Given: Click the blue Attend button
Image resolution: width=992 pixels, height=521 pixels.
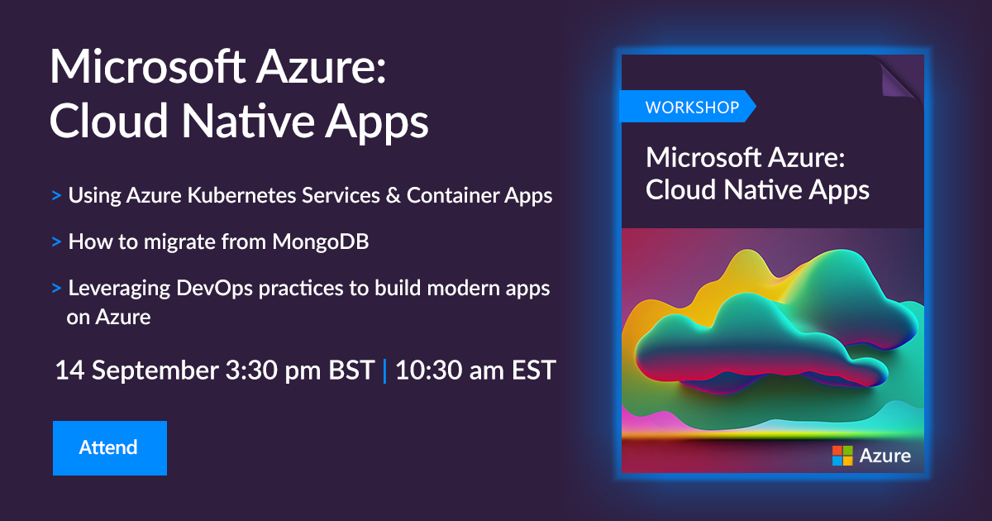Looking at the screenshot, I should [109, 448].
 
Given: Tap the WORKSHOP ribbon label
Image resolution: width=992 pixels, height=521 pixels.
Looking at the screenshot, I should [685, 108].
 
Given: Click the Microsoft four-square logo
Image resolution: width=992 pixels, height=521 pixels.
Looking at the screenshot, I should [842, 455].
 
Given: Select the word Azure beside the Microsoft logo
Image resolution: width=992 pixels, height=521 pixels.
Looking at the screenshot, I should [885, 456].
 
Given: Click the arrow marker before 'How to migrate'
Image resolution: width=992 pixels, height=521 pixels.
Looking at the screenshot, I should [56, 243].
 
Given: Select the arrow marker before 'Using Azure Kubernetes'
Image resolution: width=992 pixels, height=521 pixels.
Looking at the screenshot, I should [56, 197].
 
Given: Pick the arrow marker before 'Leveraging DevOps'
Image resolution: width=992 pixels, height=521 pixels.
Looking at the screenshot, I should [56, 289].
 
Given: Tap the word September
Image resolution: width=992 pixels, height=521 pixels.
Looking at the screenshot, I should [151, 370].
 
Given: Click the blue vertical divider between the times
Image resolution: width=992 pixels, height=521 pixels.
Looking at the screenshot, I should [384, 370].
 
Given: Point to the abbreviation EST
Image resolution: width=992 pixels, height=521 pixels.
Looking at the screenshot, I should [532, 370].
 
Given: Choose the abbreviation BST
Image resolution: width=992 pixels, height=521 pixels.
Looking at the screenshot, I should [351, 370].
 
